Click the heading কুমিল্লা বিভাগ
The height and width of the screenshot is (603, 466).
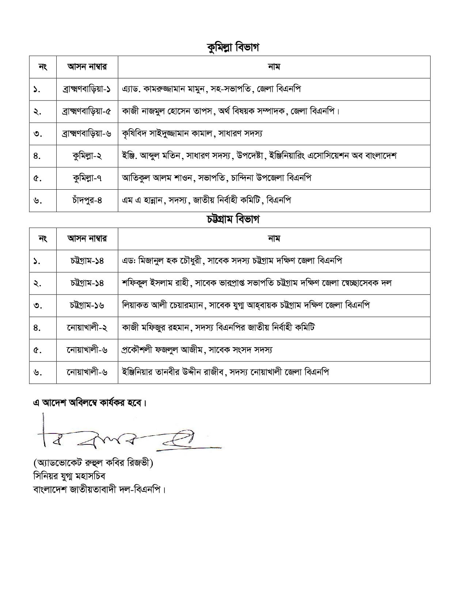(233, 48)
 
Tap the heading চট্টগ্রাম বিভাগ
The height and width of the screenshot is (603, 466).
(233, 220)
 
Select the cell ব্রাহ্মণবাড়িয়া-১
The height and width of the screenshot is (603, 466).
(87, 89)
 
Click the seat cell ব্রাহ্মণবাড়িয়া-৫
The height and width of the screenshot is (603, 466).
(87, 111)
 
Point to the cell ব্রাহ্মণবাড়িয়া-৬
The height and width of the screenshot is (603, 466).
(87, 134)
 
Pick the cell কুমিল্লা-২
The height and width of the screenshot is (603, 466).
(87, 156)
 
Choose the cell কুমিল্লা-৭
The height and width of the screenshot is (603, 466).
(87, 178)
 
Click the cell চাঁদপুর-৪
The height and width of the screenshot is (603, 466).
(87, 201)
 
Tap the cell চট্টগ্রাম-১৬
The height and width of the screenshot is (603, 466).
(87, 305)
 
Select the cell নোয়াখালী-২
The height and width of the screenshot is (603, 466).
(87, 328)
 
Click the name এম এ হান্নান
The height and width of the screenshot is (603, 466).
(143, 200)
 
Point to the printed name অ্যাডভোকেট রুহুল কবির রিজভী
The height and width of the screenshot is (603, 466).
(93, 463)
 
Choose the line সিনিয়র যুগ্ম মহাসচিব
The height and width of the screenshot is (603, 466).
(69, 476)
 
